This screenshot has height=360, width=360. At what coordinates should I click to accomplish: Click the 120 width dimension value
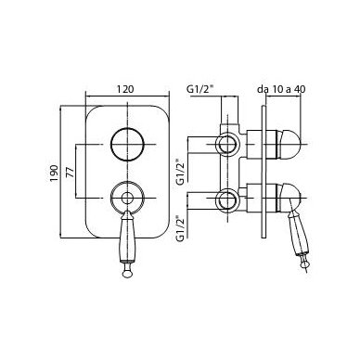[125, 89]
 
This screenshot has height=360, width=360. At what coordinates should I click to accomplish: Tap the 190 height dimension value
[54, 173]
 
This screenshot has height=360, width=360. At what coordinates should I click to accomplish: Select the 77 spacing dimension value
[71, 172]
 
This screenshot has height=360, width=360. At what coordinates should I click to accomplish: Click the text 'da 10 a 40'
[281, 89]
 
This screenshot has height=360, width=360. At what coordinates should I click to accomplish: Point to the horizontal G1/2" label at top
[200, 89]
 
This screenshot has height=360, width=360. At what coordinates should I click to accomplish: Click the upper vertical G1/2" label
[180, 172]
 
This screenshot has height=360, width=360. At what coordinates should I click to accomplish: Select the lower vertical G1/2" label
[180, 228]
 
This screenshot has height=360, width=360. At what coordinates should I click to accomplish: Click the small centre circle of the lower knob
[127, 198]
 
